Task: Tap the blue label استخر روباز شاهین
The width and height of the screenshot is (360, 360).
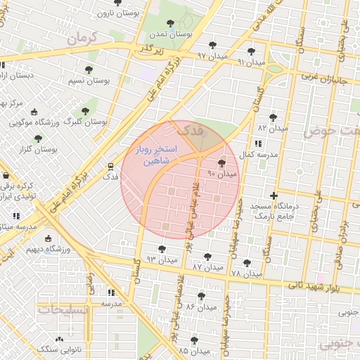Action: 156,156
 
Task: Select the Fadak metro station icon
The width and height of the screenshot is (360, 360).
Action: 110,167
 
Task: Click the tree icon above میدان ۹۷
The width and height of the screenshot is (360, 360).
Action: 212,45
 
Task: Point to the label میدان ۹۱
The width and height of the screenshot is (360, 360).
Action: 251,62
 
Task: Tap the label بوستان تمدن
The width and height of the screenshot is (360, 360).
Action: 171,34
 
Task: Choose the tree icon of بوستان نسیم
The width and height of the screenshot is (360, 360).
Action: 89,70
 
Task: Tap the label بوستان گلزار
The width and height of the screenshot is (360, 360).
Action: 38,149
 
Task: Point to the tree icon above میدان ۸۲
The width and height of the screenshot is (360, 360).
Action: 273,117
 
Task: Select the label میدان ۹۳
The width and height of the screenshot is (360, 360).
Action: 160,259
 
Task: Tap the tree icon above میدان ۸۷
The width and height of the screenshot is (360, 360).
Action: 207,257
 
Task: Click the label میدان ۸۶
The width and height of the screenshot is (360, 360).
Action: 200,307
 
